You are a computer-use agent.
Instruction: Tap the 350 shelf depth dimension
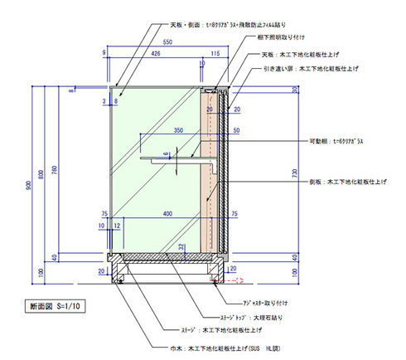(x=177, y=131)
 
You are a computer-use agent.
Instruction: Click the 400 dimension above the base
(x=169, y=214)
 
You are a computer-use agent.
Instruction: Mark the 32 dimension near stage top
(x=181, y=246)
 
